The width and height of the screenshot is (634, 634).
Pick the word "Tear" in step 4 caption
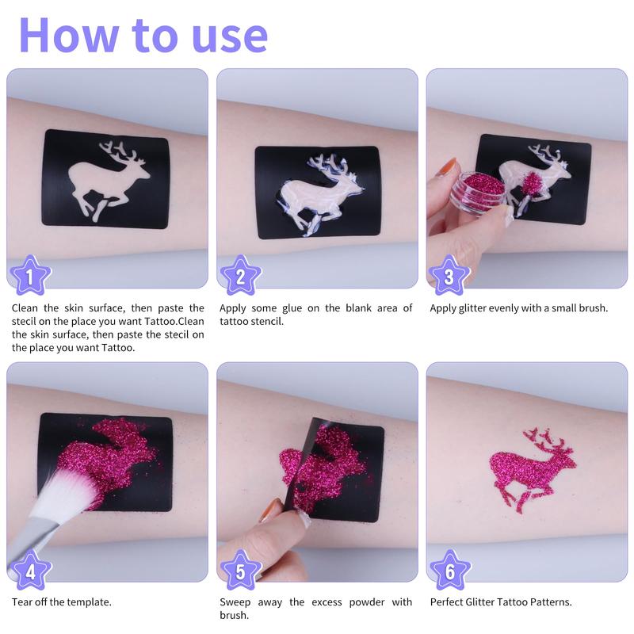point(21,602)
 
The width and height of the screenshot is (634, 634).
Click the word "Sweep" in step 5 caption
point(235,602)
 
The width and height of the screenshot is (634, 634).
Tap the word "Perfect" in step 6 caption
point(449,602)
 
